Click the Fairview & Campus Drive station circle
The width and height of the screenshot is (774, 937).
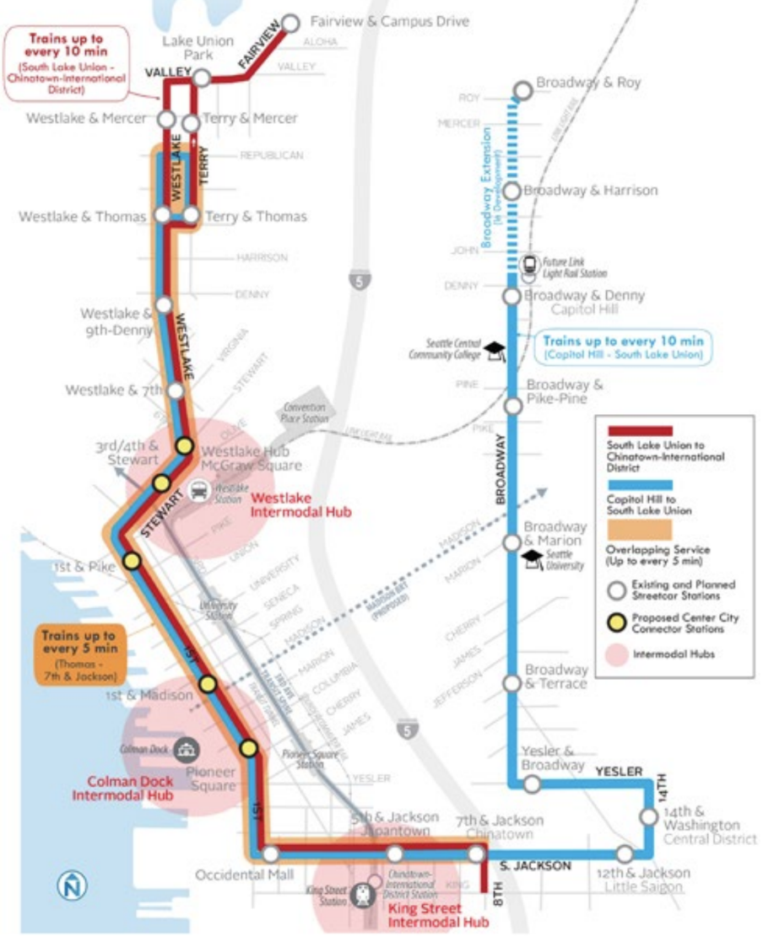pyautogui.click(x=292, y=23)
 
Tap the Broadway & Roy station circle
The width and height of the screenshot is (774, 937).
pyautogui.click(x=522, y=89)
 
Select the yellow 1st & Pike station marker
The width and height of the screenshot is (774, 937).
pyautogui.click(x=132, y=561)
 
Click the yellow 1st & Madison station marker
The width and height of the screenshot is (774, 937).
pyautogui.click(x=208, y=684)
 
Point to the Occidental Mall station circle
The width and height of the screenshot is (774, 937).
pyautogui.click(x=270, y=854)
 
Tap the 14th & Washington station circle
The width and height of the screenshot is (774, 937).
pyautogui.click(x=648, y=816)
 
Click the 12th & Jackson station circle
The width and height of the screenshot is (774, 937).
pyautogui.click(x=624, y=854)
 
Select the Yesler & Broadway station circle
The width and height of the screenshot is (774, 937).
pyautogui.click(x=532, y=784)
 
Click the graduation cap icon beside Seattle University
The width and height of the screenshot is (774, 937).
pyautogui.click(x=533, y=558)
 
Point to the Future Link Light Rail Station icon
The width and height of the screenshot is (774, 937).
pyautogui.click(x=529, y=265)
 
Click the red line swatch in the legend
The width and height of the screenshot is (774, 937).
pyautogui.click(x=639, y=431)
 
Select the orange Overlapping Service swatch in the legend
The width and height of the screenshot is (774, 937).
pyautogui.click(x=639, y=530)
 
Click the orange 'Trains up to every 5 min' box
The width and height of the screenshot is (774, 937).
pyautogui.click(x=80, y=654)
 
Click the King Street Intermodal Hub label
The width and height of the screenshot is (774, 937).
pyautogui.click(x=425, y=916)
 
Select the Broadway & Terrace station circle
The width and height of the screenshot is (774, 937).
pyautogui.click(x=511, y=682)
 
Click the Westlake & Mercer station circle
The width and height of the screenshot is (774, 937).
pyautogui.click(x=166, y=119)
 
